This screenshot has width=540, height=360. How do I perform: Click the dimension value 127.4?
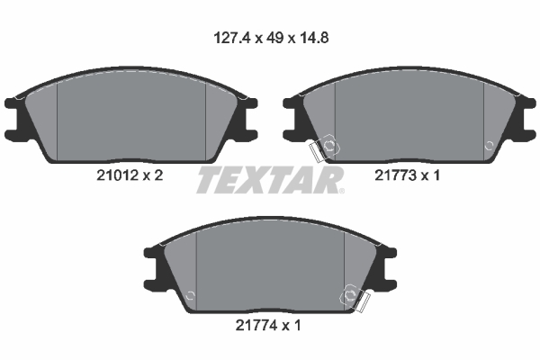click(232, 38)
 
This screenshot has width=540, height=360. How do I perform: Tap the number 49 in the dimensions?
click(275, 38)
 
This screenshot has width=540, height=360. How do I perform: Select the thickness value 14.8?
click(313, 38)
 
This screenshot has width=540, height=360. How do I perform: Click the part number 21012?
click(117, 175)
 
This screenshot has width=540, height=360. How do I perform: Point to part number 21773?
click(395, 175)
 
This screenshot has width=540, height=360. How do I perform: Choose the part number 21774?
click(256, 325)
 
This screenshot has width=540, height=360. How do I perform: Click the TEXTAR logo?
click(269, 180)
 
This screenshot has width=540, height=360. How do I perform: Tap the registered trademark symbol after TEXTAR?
click(341, 191)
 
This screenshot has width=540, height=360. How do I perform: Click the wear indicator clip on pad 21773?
click(325, 148)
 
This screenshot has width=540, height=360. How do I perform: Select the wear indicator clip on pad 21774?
click(355, 297)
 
